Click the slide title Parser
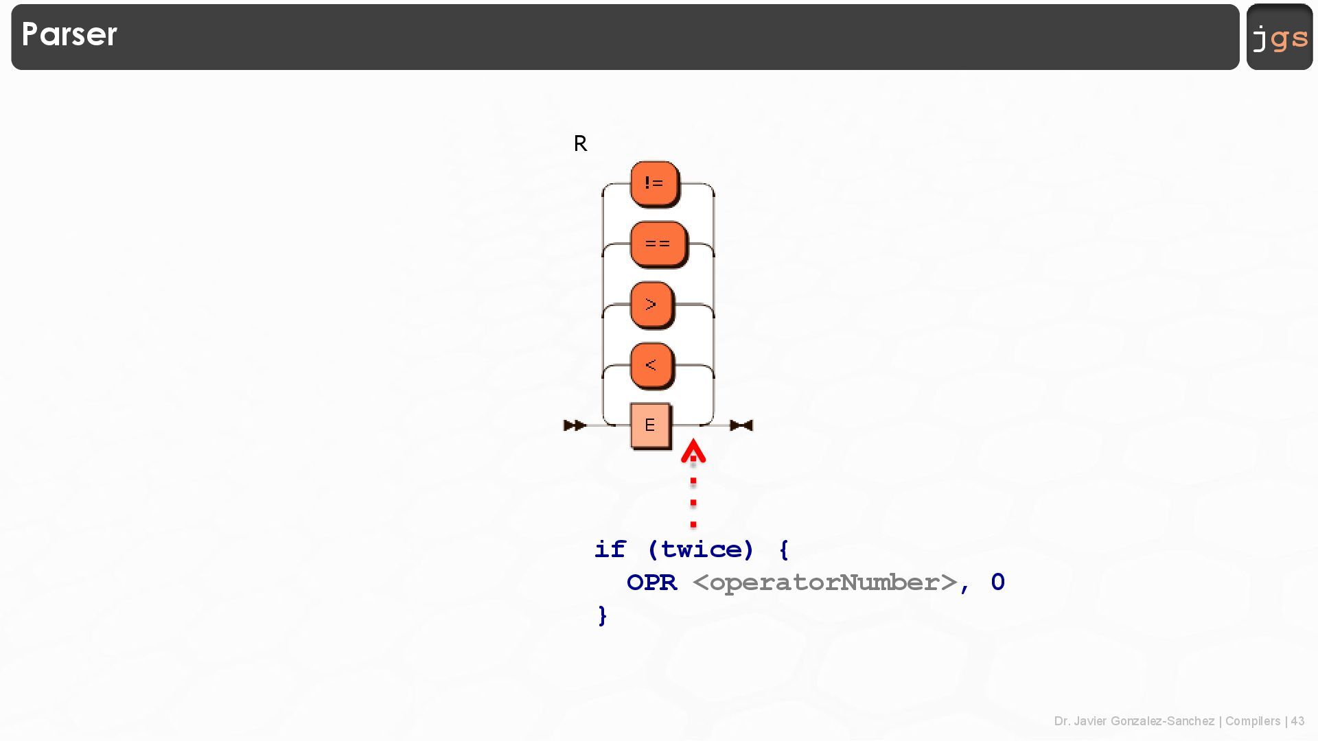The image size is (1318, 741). [x=69, y=34]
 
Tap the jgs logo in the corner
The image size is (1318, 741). [x=1280, y=37]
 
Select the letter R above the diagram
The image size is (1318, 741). [x=580, y=143]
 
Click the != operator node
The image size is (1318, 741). [x=654, y=183]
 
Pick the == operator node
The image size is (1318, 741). [x=658, y=244]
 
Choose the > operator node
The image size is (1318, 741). [x=651, y=304]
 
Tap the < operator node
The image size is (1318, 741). [x=651, y=364]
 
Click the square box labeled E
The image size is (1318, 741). [x=650, y=425]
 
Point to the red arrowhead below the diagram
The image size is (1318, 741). [x=693, y=451]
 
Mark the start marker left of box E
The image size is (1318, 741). [x=575, y=425]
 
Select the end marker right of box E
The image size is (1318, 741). [x=741, y=425]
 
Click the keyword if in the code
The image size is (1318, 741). [x=610, y=550]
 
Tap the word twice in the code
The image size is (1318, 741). [x=700, y=550]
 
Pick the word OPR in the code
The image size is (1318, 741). [x=651, y=583]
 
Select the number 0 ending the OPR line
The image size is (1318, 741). [x=998, y=583]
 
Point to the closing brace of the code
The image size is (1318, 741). [x=603, y=615]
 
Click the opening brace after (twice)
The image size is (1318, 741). [x=784, y=550]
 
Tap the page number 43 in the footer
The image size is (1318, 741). [x=1297, y=721]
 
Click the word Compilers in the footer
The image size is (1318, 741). [x=1253, y=721]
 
